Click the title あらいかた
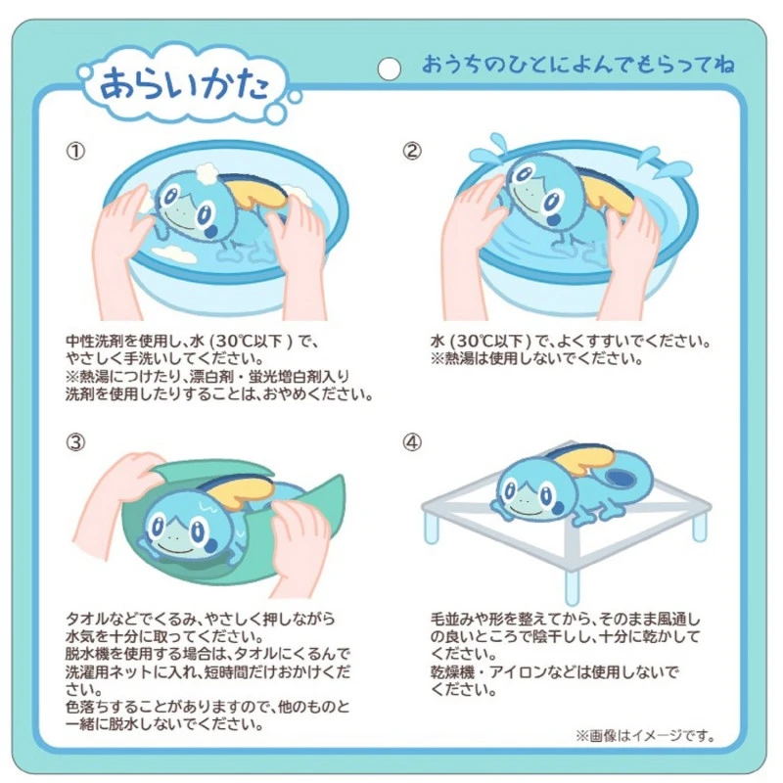pos(184,83)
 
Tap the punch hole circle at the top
pos(389,69)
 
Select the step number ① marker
pos(75,151)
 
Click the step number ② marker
pos(412,151)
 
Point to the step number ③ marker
pos(75,442)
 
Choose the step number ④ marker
pos(412,442)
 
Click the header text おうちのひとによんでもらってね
pos(577,65)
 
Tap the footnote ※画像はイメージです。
pos(646,736)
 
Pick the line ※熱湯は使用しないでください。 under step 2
pos(536,359)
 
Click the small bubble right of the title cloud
pos(296,97)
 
